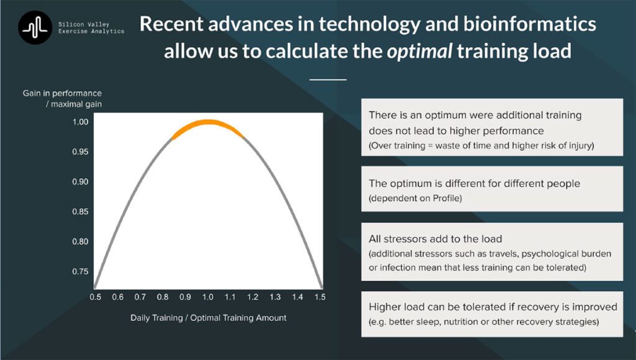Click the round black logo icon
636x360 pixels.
click(x=35, y=27)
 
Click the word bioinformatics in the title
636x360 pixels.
click(x=530, y=24)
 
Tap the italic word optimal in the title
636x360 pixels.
click(x=419, y=52)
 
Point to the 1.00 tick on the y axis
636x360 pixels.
click(x=80, y=122)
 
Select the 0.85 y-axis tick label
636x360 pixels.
click(x=80, y=212)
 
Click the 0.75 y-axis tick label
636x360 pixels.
click(x=80, y=272)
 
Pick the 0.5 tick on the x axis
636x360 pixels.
click(x=95, y=297)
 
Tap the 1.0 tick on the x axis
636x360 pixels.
click(x=207, y=297)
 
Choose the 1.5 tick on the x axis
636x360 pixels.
click(x=320, y=297)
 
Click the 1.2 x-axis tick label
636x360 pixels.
click(x=253, y=297)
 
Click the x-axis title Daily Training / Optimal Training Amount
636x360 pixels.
click(x=209, y=318)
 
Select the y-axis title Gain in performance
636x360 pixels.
click(x=62, y=93)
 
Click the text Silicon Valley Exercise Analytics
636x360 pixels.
click(x=91, y=27)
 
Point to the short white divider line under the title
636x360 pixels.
click(x=328, y=80)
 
